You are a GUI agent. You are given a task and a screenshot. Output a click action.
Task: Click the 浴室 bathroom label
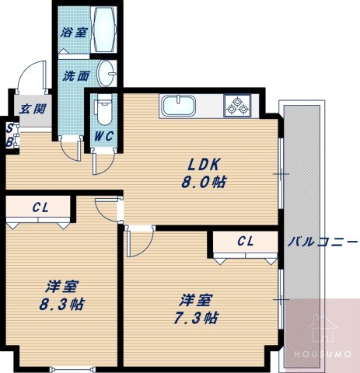tap(75, 34)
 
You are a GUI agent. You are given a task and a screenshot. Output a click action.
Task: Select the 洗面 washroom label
tap(75, 76)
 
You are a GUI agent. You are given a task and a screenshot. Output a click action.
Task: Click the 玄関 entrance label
tap(31, 109)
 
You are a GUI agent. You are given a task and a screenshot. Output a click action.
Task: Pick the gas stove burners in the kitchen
tap(237, 105)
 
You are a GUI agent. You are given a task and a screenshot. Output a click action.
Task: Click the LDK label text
tap(204, 165)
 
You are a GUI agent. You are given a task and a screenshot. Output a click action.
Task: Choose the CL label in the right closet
tap(246, 241)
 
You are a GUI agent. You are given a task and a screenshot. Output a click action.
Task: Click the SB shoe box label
tap(9, 136)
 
